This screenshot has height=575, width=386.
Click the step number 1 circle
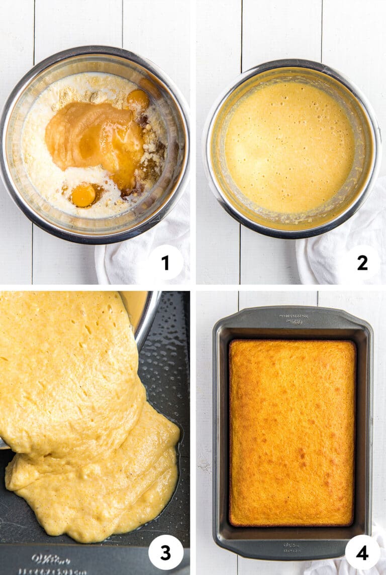point(165,262)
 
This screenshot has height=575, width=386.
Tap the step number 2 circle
point(362,262)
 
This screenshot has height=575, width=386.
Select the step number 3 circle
point(165,552)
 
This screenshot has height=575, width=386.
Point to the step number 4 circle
point(362,552)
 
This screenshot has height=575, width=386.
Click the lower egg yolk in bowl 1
point(83,195)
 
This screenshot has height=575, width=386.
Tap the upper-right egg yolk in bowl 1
point(138,99)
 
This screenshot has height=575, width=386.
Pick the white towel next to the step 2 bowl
point(322,261)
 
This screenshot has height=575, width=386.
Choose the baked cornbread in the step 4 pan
point(292,432)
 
